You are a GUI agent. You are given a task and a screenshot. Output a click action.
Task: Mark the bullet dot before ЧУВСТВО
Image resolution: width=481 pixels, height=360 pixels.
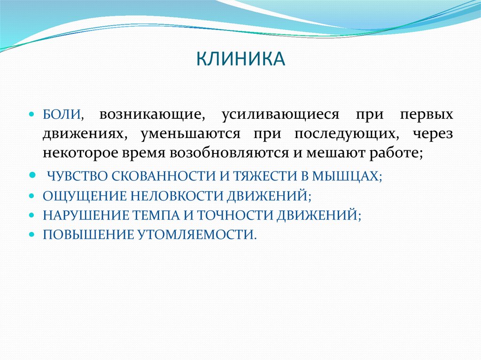coord(32,175)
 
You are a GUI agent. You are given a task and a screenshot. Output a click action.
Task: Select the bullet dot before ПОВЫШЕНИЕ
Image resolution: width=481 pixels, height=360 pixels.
coord(32,234)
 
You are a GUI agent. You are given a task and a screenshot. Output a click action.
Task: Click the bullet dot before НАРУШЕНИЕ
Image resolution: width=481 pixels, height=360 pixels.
coord(32,214)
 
